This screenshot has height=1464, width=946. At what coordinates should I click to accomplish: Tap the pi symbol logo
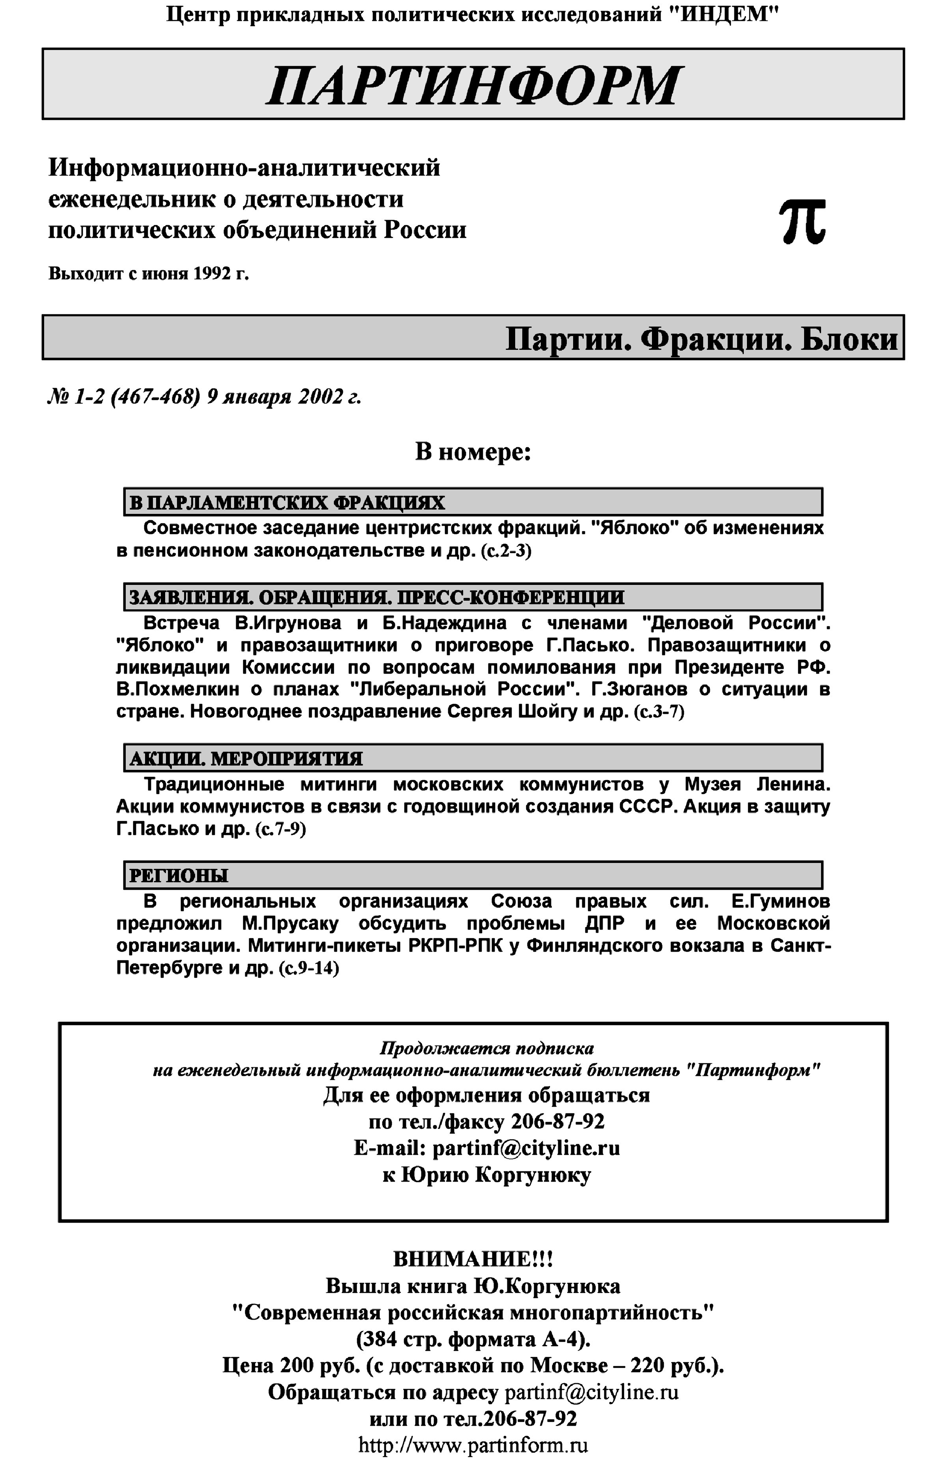[802, 221]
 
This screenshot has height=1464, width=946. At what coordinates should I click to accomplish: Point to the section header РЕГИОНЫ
[179, 875]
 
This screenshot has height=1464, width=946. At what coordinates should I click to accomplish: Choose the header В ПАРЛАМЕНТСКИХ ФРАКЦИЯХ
[287, 503]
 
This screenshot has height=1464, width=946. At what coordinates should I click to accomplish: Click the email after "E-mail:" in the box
[527, 1148]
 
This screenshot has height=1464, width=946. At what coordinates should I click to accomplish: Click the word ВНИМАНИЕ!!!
[473, 1259]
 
